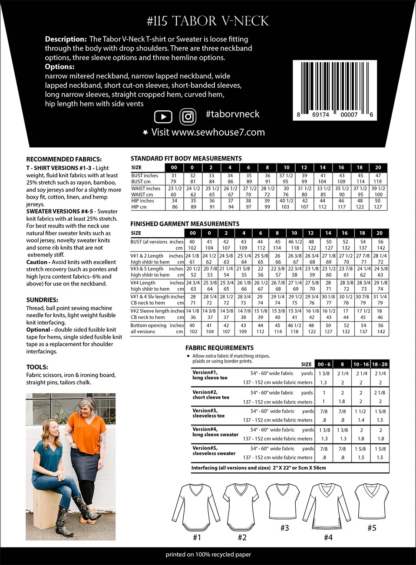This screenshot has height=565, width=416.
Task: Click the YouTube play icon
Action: pos(163,116)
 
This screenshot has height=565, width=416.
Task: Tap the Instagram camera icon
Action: pos(188,116)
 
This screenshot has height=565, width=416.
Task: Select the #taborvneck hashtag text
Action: pos(232,114)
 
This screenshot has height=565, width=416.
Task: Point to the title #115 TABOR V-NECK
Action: pos(208,21)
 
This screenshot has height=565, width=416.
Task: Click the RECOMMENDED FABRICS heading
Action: pos(64,159)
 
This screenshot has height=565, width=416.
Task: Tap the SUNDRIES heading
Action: pos(42,300)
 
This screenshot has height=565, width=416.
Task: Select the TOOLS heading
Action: pos(37,367)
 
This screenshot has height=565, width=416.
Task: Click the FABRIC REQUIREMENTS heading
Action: pos(219,348)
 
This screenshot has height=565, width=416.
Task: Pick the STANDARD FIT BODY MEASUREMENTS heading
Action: pos(186,158)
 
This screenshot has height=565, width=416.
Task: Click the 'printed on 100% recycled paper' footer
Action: pos(208,554)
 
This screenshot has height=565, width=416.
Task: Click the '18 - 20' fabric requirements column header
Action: pos(380,364)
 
